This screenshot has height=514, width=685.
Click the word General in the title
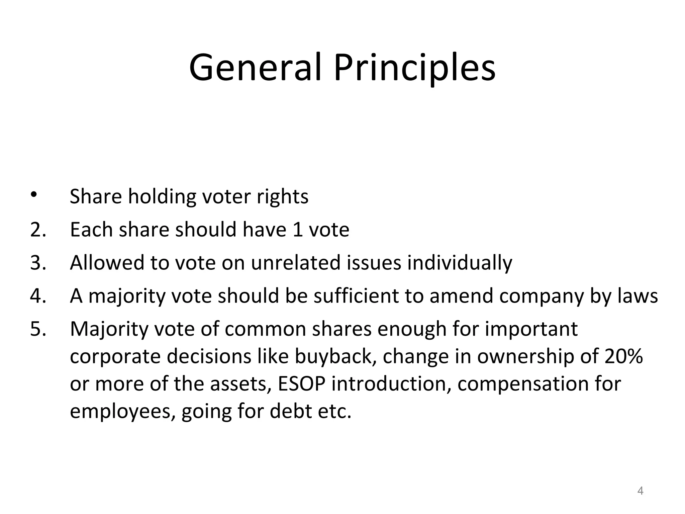[256, 68]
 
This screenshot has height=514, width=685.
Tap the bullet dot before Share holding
[33, 194]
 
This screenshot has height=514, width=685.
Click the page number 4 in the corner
[640, 491]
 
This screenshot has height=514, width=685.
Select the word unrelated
[296, 263]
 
